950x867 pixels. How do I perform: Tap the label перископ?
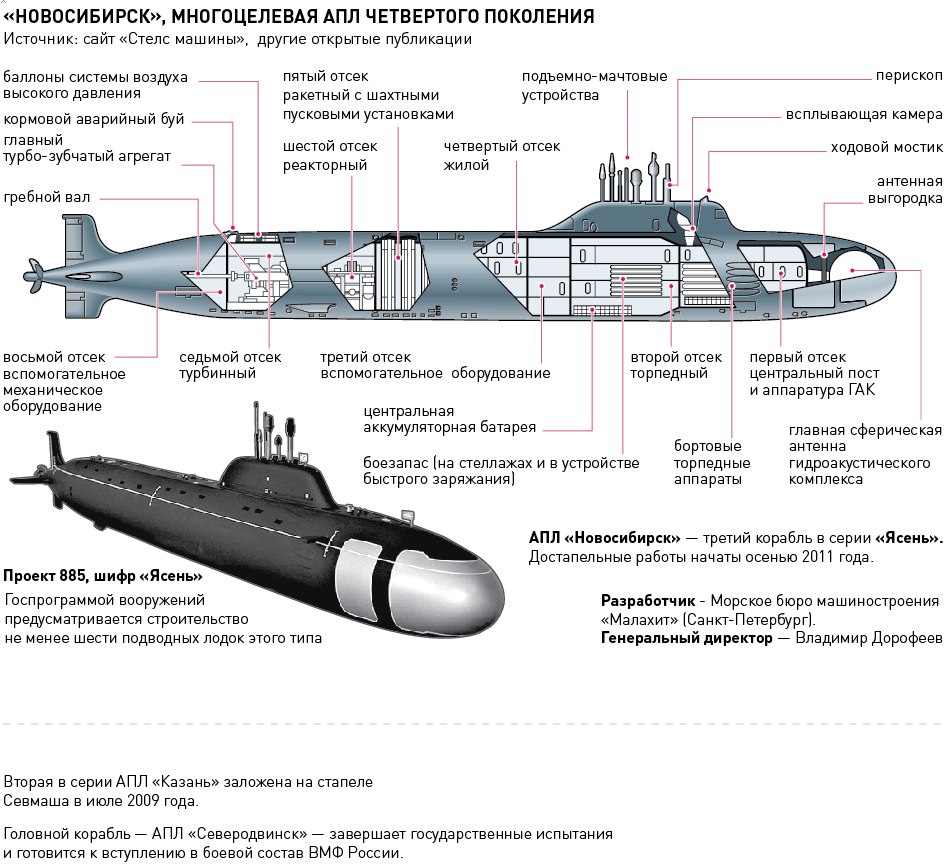(909, 77)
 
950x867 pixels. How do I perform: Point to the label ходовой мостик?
(886, 147)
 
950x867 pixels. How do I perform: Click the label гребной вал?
(46, 198)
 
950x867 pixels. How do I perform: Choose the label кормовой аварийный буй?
(94, 120)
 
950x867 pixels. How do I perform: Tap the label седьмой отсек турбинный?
(230, 365)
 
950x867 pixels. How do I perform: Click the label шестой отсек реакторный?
(330, 155)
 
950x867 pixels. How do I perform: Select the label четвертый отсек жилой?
(502, 155)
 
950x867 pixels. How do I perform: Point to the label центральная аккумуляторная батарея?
(449, 419)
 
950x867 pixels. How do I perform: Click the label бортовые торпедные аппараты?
(712, 462)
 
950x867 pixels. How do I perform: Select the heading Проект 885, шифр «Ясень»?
(103, 576)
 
